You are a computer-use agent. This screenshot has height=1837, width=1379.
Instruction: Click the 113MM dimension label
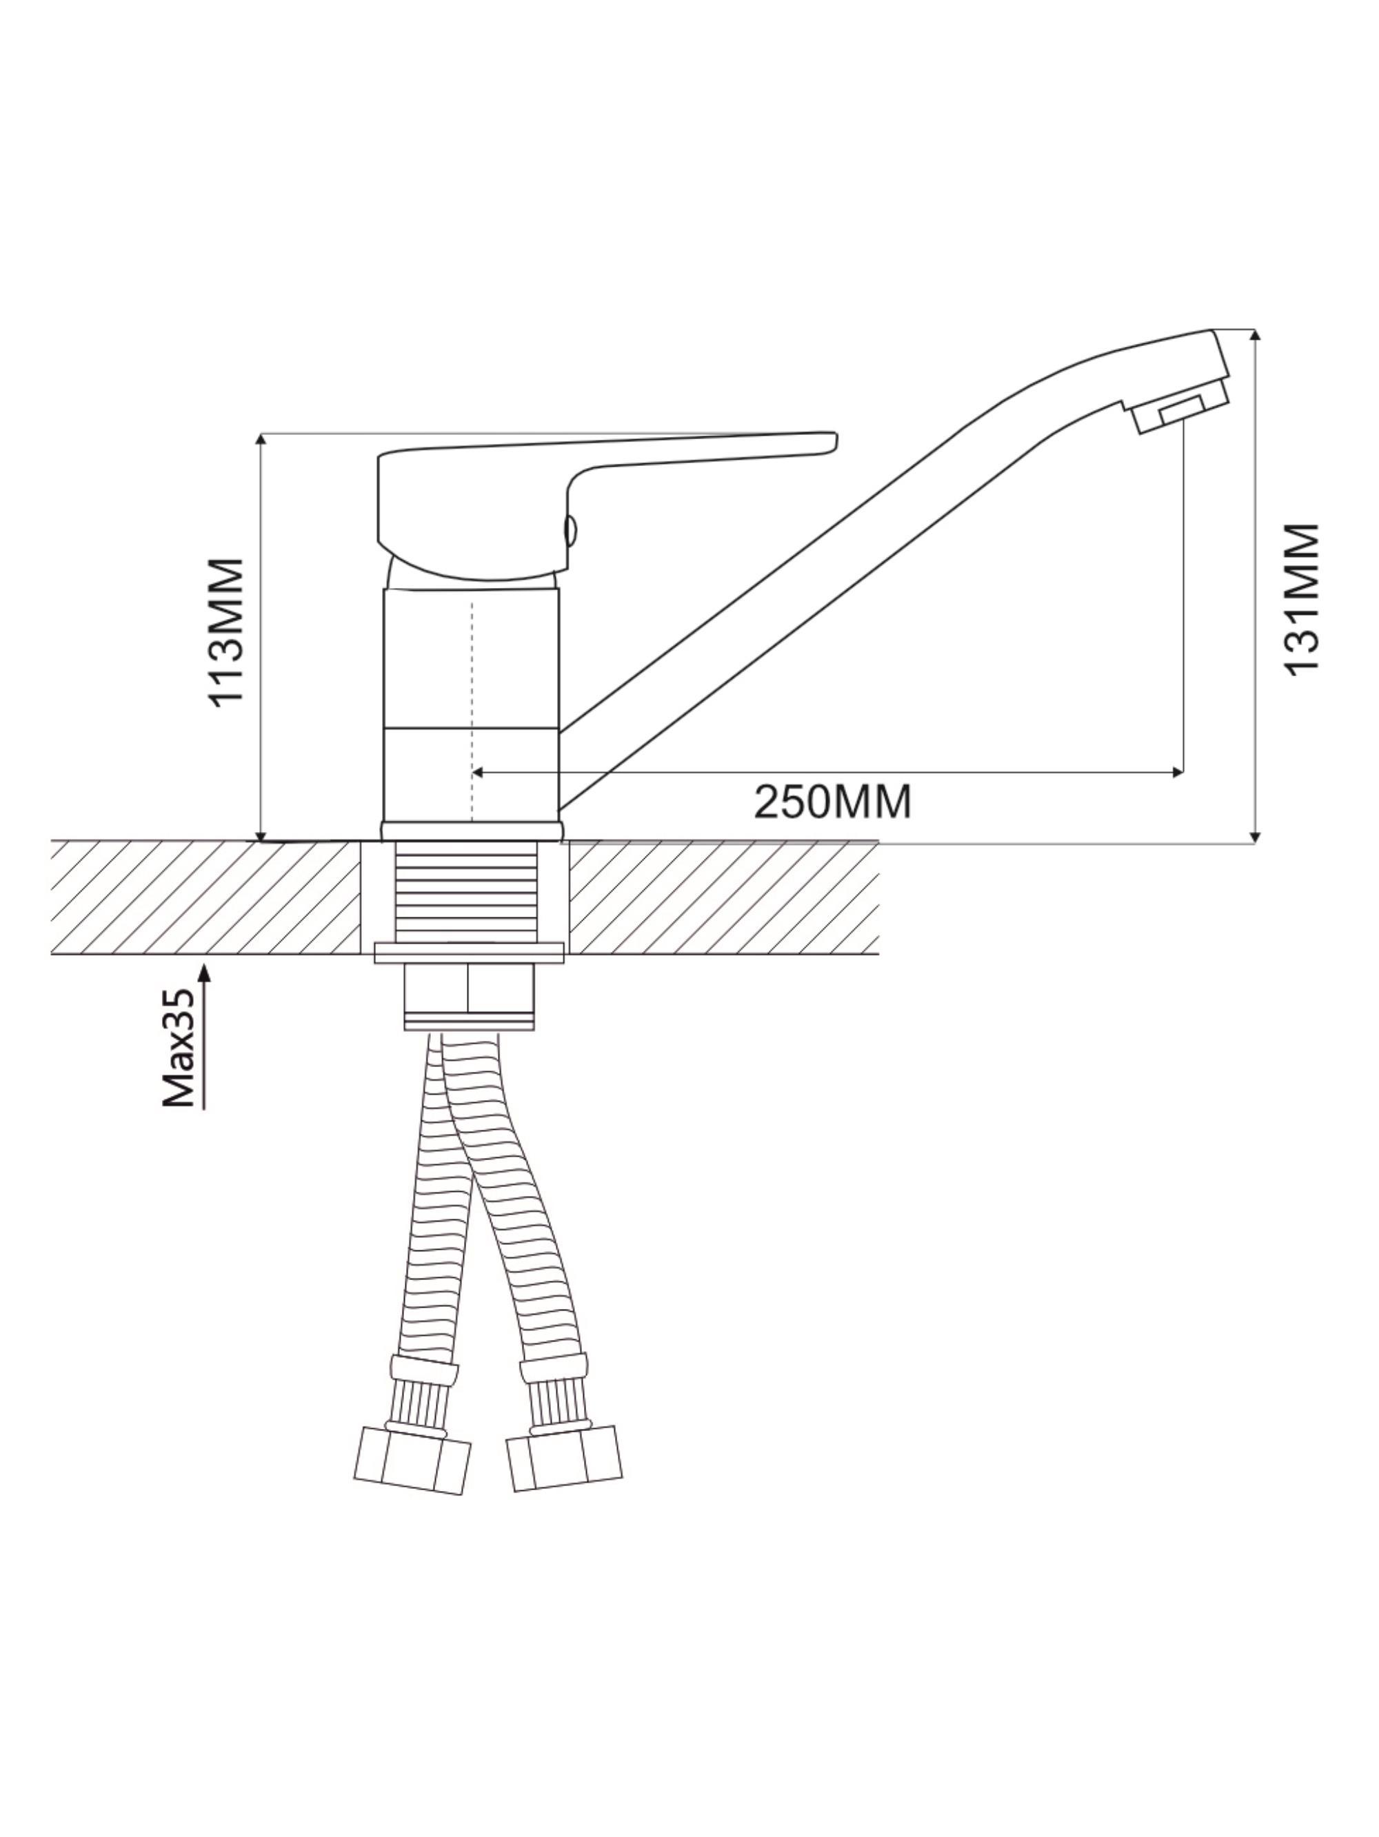(226, 632)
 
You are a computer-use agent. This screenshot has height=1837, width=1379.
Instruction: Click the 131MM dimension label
(1301, 598)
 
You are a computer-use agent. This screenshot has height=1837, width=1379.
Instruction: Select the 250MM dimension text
(832, 802)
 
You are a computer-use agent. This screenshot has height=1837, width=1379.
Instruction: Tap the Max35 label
(179, 1047)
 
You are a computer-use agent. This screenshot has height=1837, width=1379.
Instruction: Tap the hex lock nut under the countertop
(469, 996)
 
